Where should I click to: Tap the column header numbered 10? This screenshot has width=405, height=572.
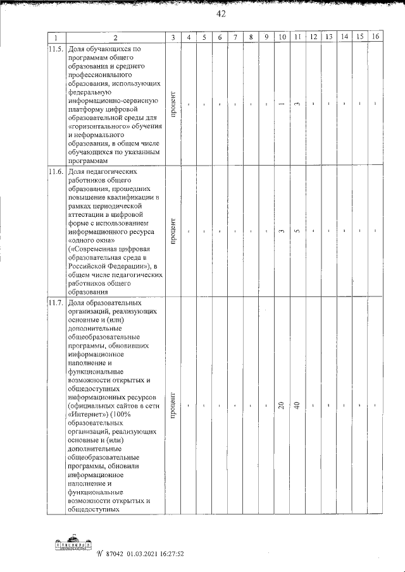pyautogui.click(x=282, y=37)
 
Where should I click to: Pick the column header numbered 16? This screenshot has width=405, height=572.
pyautogui.click(x=376, y=37)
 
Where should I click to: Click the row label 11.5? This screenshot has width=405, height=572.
pyautogui.click(x=56, y=49)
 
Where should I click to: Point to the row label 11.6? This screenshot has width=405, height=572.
pyautogui.click(x=56, y=171)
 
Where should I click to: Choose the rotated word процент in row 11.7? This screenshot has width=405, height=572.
pyautogui.click(x=173, y=405)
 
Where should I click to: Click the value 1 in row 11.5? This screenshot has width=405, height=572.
pyautogui.click(x=282, y=104)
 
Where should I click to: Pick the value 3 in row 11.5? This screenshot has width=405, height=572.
pyautogui.click(x=297, y=104)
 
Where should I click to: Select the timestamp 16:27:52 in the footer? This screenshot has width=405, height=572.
pyautogui.click(x=166, y=554)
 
